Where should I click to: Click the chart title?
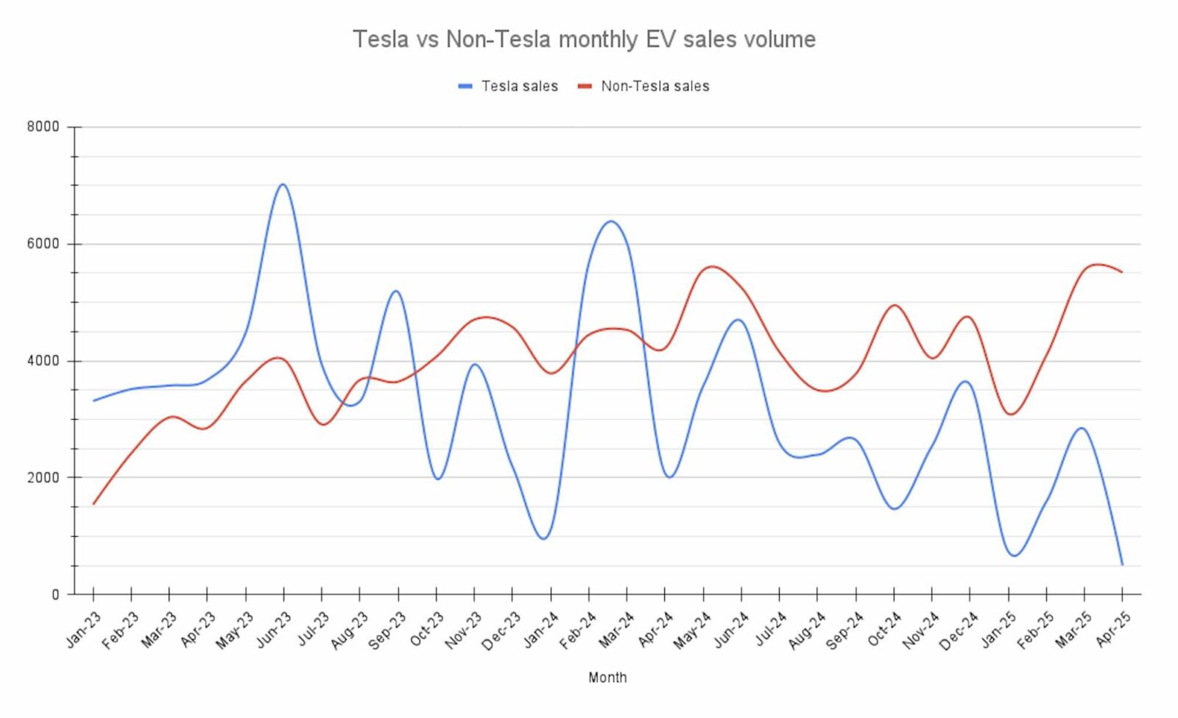coord(584,39)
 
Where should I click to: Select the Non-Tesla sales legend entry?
coord(643,86)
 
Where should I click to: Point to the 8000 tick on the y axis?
coord(43,127)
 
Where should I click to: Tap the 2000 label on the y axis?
coord(43,477)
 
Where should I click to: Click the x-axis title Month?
coord(607,677)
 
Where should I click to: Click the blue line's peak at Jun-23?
coord(283,184)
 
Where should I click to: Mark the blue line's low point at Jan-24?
coord(544,539)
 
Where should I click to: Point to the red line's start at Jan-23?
coord(94,504)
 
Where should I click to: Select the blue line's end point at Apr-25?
coord(1122,565)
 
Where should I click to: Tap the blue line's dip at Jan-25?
coord(1015,555)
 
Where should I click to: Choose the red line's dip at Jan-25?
coord(1011,414)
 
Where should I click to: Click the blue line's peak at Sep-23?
coord(396,291)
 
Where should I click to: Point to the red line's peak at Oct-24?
coord(895,305)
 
